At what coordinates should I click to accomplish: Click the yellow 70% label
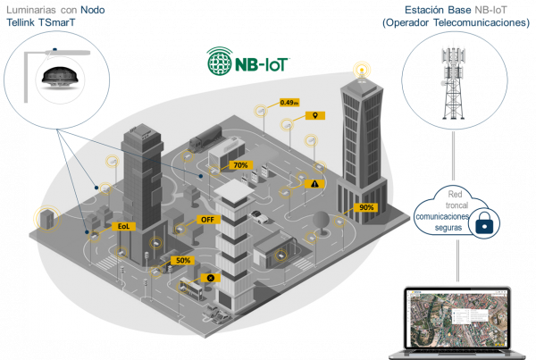click(239, 165)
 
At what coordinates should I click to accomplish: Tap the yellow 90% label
click(366, 207)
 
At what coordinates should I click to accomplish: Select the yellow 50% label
click(183, 260)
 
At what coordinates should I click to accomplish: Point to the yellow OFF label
click(207, 219)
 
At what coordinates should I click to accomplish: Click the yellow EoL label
click(125, 227)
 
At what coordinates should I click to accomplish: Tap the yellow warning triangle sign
click(314, 183)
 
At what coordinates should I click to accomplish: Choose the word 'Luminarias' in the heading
click(32, 8)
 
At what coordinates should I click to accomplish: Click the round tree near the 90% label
click(319, 221)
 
